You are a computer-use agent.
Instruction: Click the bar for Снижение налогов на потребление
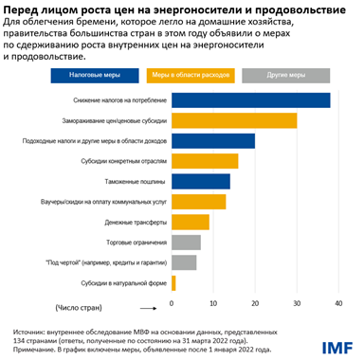point(250,100)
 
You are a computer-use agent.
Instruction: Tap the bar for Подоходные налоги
point(213,141)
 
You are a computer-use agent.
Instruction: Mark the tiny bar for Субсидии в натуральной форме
point(173,282)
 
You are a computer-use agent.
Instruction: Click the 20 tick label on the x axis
point(255,302)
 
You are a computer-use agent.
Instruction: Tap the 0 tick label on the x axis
point(173,302)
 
